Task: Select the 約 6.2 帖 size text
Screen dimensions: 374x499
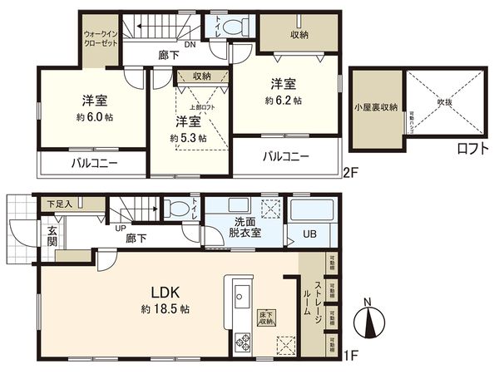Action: tap(284, 101)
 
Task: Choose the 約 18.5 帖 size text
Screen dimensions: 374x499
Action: tap(165, 308)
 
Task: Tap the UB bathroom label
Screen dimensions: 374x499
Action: tap(309, 234)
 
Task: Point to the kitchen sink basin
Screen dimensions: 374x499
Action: tap(240, 297)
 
